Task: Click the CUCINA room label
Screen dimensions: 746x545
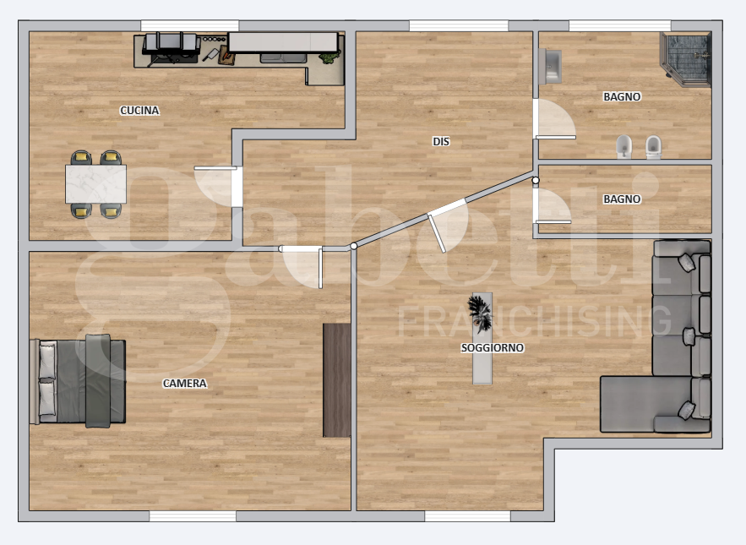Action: coord(139,111)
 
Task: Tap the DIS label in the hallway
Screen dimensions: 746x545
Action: coord(440,141)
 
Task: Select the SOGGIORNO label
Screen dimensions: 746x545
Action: coord(493,348)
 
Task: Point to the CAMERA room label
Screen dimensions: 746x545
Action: coord(184,383)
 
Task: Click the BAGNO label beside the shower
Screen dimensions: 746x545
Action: coord(622,96)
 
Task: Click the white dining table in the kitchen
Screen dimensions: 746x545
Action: coord(95,183)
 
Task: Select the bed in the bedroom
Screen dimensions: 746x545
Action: coord(78,381)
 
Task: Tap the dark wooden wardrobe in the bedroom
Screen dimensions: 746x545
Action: coord(337,380)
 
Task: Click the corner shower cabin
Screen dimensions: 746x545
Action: coord(685,59)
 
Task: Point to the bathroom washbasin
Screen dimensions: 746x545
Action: coord(550,66)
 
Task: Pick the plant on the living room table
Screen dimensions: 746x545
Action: coord(480,313)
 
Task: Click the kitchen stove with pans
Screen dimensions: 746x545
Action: coord(172,48)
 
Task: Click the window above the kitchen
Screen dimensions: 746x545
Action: coord(190,25)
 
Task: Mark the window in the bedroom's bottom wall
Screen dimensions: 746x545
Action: coord(193,516)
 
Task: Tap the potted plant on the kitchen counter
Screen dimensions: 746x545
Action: coord(330,57)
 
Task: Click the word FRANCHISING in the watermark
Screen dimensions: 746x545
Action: coord(534,322)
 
